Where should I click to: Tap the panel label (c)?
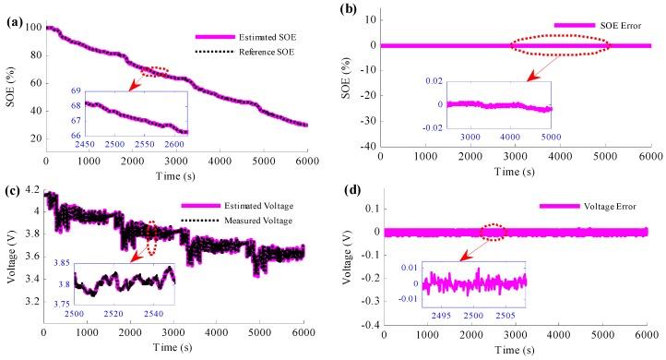(17, 191)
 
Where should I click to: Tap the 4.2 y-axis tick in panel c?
(32, 190)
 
